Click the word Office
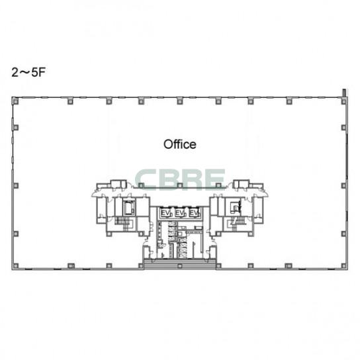(x=180, y=144)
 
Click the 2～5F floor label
(x=28, y=73)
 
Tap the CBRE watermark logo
(x=180, y=179)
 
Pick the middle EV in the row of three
(x=180, y=213)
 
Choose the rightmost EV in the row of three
(x=194, y=213)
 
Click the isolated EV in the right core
(x=236, y=208)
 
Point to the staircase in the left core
(x=123, y=223)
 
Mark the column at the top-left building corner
(x=16, y=101)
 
